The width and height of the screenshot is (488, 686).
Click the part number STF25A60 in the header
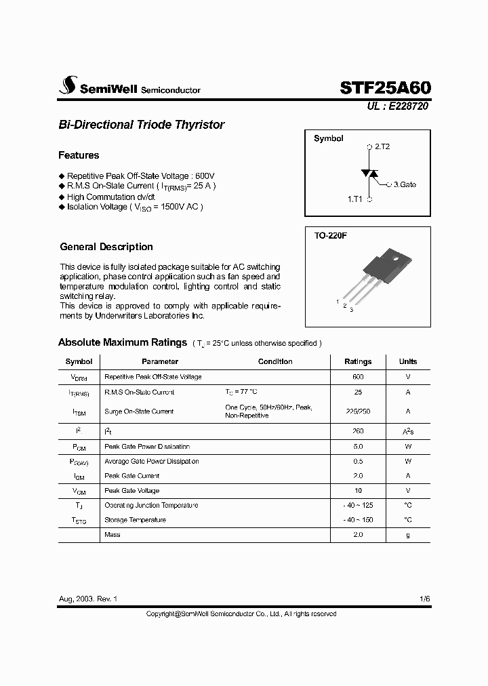(384, 87)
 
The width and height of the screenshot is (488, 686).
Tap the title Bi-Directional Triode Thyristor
(141, 125)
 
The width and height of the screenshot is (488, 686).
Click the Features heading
(79, 155)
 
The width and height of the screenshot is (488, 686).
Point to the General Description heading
(106, 247)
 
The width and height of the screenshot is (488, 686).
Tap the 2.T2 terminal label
(382, 146)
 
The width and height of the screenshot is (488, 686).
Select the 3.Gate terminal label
(405, 184)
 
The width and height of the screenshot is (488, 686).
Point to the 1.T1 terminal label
(355, 199)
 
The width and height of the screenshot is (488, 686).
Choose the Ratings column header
(358, 362)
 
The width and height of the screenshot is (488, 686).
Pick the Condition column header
(275, 362)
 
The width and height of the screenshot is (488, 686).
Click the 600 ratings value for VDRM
(358, 377)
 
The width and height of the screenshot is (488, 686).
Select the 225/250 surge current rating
(358, 411)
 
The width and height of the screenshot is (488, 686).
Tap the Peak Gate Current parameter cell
(131, 476)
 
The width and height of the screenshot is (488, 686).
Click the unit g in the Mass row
(407, 535)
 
